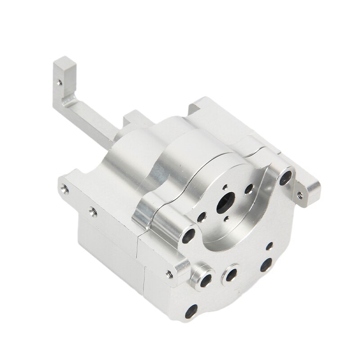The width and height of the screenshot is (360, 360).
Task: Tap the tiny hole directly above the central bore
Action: point(225,189)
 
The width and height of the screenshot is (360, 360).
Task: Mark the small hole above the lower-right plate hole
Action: point(269,246)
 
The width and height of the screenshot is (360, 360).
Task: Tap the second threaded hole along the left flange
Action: point(93,209)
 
